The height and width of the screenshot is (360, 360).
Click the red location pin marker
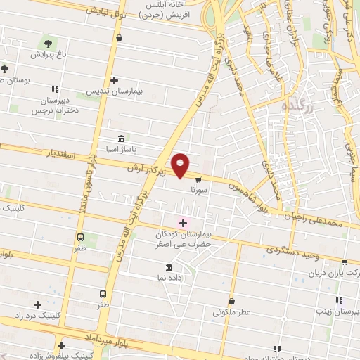(x=181, y=165)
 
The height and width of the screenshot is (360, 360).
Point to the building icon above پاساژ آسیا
(x=122, y=139)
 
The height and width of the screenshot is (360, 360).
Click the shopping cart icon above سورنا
(x=198, y=179)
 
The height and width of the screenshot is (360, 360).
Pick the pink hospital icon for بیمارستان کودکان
(x=183, y=223)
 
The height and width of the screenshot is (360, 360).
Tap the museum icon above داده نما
(x=169, y=268)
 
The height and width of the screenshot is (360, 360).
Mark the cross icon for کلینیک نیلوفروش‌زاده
(x=63, y=345)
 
